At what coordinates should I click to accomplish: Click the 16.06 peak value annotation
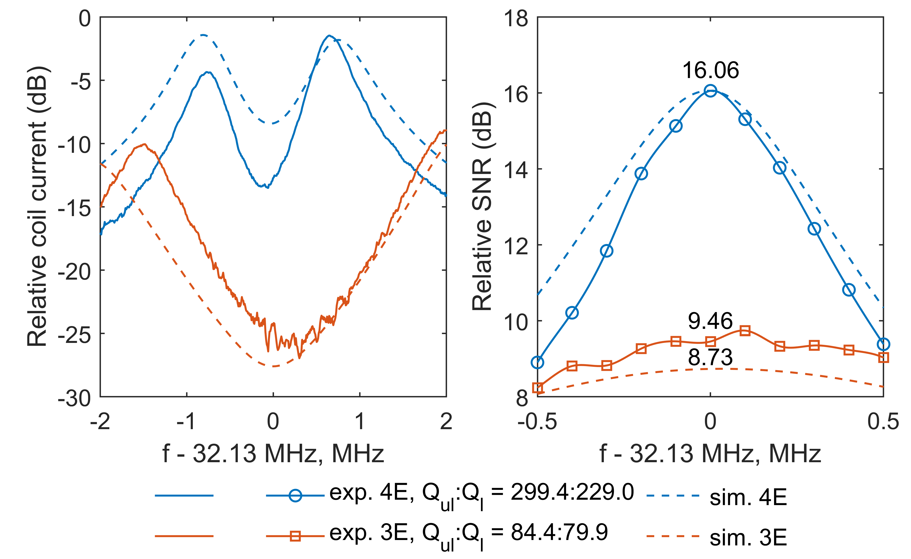click(711, 70)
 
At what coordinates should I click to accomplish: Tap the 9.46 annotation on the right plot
click(710, 321)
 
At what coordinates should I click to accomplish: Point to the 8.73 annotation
click(710, 357)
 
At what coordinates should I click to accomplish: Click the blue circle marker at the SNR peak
click(710, 90)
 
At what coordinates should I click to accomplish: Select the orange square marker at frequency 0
click(710, 341)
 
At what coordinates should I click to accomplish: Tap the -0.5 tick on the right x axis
click(537, 421)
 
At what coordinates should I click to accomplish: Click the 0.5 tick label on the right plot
click(883, 421)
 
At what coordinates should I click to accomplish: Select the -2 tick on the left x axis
click(100, 421)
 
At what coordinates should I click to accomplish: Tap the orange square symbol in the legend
click(295, 536)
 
